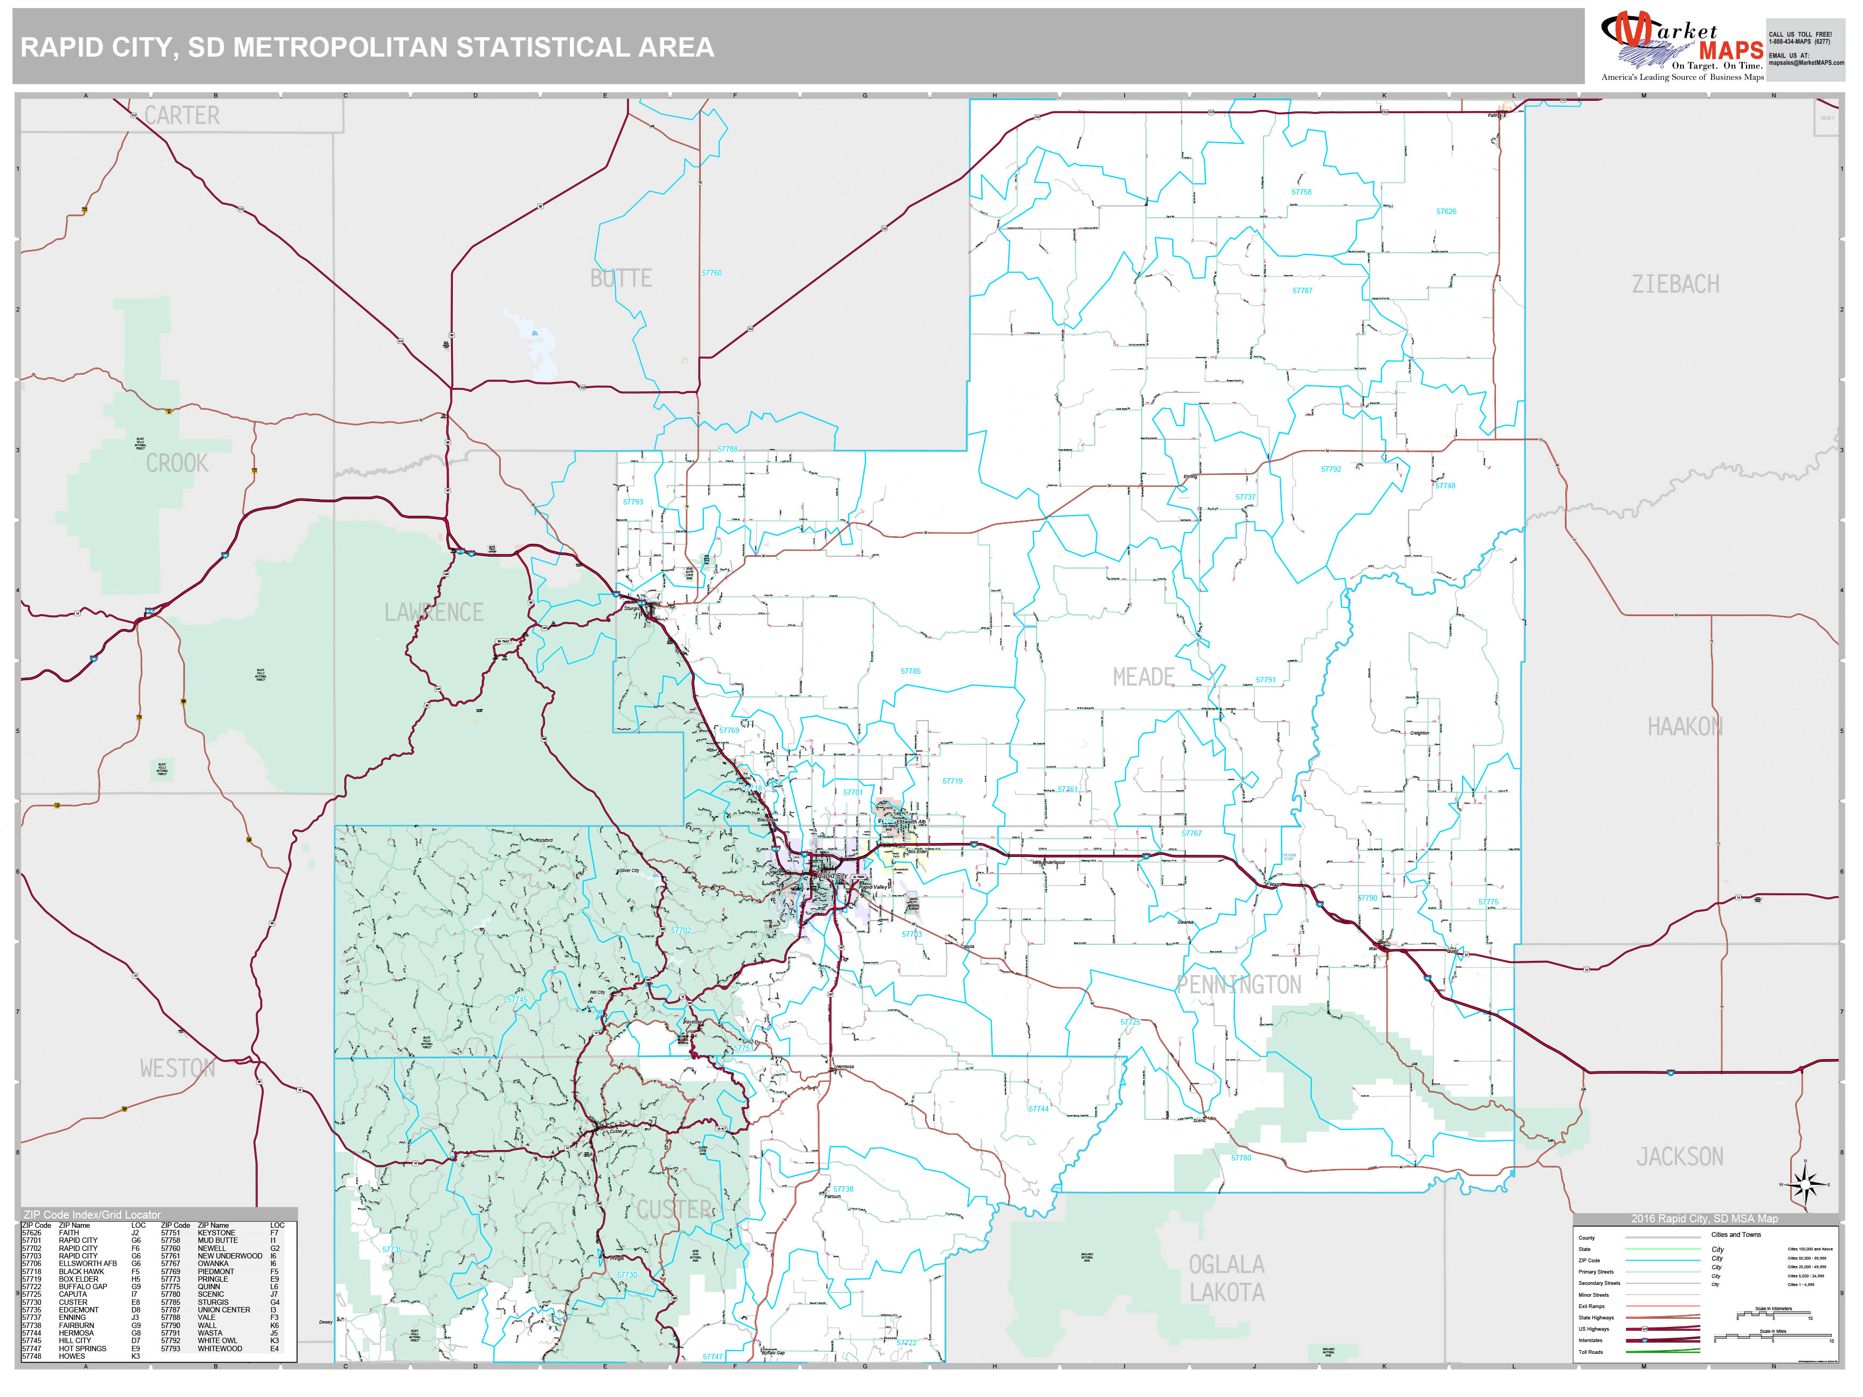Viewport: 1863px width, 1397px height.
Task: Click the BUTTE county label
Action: (620, 279)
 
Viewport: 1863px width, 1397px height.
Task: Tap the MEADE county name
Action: (1143, 677)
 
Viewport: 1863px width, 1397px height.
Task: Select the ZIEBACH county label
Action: (1675, 285)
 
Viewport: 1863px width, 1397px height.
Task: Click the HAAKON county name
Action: (1685, 727)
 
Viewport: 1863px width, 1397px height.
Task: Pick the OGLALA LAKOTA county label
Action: (1226, 1278)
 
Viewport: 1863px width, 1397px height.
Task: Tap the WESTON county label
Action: (178, 1069)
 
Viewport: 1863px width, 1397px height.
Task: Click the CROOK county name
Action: (177, 463)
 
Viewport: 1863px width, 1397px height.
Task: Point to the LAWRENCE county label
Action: (434, 612)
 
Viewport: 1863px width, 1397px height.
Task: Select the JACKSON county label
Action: (1679, 1157)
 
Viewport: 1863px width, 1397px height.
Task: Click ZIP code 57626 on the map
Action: (1446, 211)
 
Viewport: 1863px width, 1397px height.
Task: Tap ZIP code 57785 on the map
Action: (910, 671)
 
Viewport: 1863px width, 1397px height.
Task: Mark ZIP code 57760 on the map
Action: (712, 273)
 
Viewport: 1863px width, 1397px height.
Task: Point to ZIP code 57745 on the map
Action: (517, 1000)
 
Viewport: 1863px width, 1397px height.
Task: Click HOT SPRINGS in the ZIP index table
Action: (82, 1348)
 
